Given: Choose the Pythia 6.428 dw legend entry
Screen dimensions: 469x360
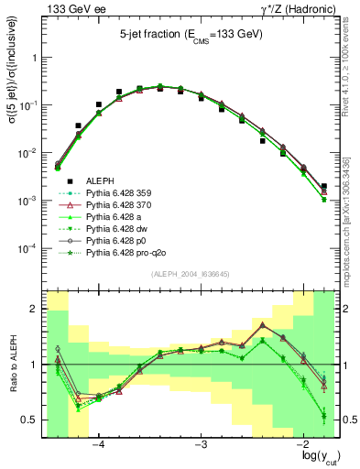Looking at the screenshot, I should click(x=116, y=226).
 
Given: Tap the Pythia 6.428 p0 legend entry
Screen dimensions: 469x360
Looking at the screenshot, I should click(x=116, y=237).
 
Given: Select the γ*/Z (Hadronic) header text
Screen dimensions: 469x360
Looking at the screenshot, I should click(x=297, y=8).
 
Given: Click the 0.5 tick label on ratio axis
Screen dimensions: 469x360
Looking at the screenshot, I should click(x=31, y=420).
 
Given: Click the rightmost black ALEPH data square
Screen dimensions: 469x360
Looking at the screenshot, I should click(x=324, y=186).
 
